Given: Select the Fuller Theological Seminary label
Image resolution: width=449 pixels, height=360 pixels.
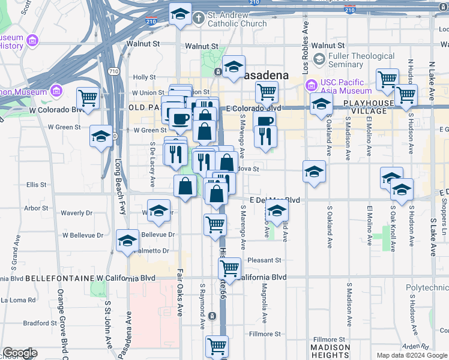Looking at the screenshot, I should [362, 61].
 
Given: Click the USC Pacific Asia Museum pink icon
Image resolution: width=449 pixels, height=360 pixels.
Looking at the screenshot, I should [311, 86].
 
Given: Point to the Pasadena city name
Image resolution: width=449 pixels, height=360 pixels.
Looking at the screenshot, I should [267, 76].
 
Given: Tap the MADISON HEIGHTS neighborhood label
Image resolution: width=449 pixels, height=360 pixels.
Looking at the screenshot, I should [330, 351].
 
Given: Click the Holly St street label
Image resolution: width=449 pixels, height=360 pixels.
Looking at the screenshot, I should [144, 77].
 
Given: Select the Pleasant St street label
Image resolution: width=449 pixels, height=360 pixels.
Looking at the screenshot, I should [265, 260].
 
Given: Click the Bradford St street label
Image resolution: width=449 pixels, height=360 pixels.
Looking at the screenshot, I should [41, 323].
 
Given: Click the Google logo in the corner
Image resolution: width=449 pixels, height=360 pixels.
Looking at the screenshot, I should [20, 353].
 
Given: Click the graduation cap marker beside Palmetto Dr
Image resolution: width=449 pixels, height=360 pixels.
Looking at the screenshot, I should [127, 241].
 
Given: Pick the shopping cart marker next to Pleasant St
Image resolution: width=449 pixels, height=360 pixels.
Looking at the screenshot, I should [229, 268].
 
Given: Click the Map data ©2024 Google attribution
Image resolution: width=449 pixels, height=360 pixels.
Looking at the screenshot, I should [412, 355].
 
